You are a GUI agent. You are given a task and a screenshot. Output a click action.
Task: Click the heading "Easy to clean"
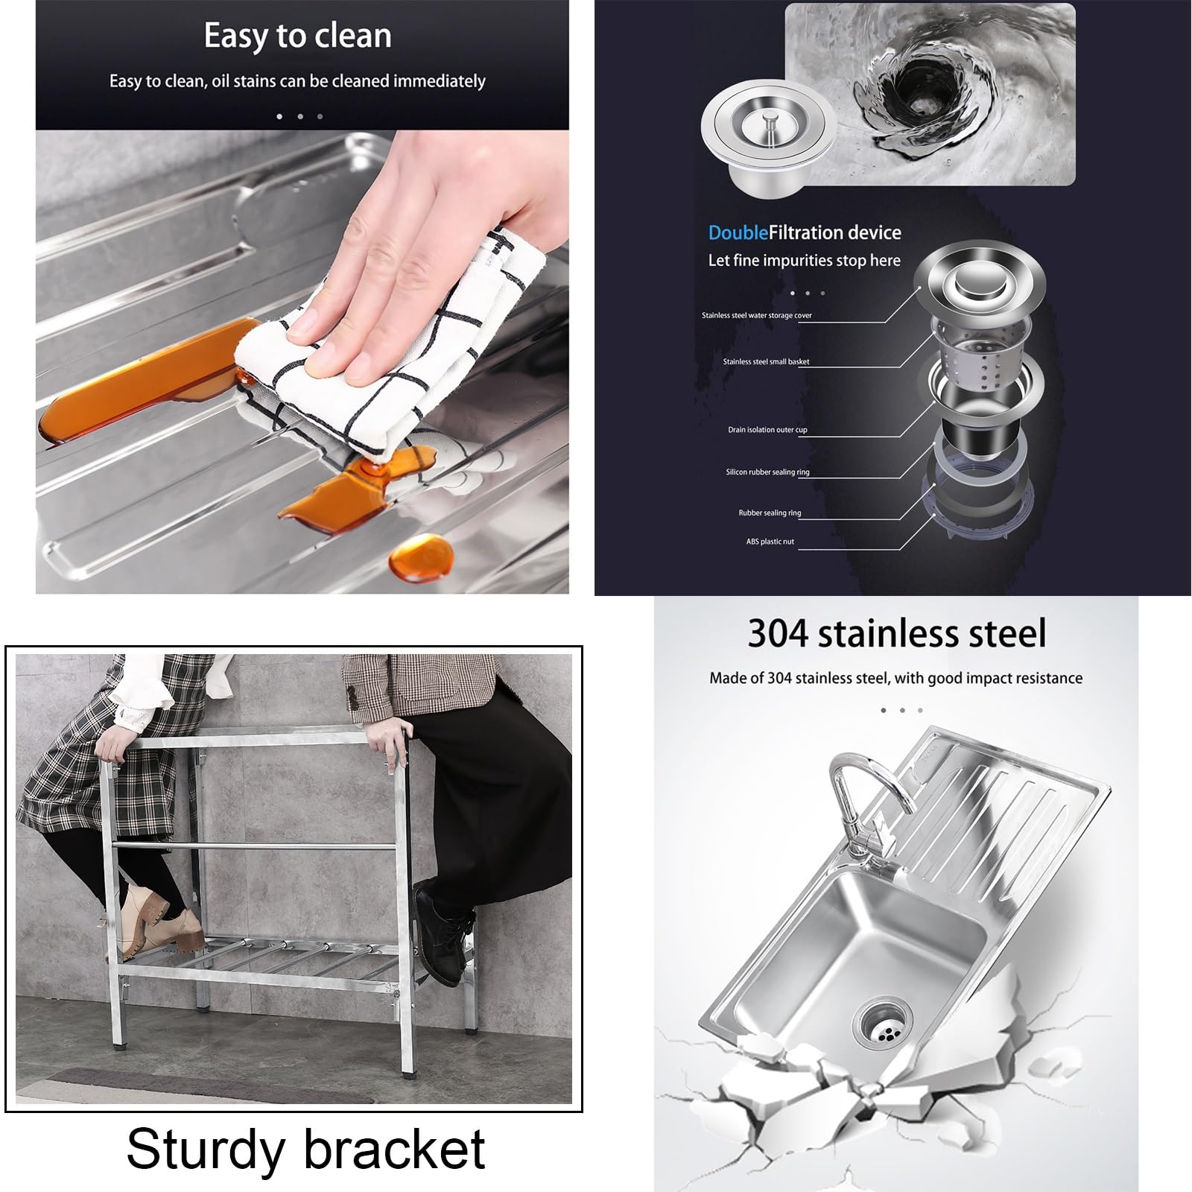click(297, 36)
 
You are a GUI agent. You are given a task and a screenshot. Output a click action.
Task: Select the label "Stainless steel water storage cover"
click(756, 315)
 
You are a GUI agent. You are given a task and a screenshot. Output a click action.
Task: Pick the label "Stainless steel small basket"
click(766, 361)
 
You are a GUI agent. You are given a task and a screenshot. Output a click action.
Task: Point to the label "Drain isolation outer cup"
click(767, 430)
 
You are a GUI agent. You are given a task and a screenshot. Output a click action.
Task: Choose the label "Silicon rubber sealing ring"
click(767, 472)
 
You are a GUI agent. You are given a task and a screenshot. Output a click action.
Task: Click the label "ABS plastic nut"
click(770, 542)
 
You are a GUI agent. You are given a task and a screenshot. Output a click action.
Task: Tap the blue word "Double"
click(738, 232)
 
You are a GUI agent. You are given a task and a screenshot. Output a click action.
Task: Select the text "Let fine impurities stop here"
click(804, 260)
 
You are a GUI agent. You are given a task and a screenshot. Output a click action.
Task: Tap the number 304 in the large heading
click(779, 633)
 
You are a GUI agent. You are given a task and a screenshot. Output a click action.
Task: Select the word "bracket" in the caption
click(395, 1147)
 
